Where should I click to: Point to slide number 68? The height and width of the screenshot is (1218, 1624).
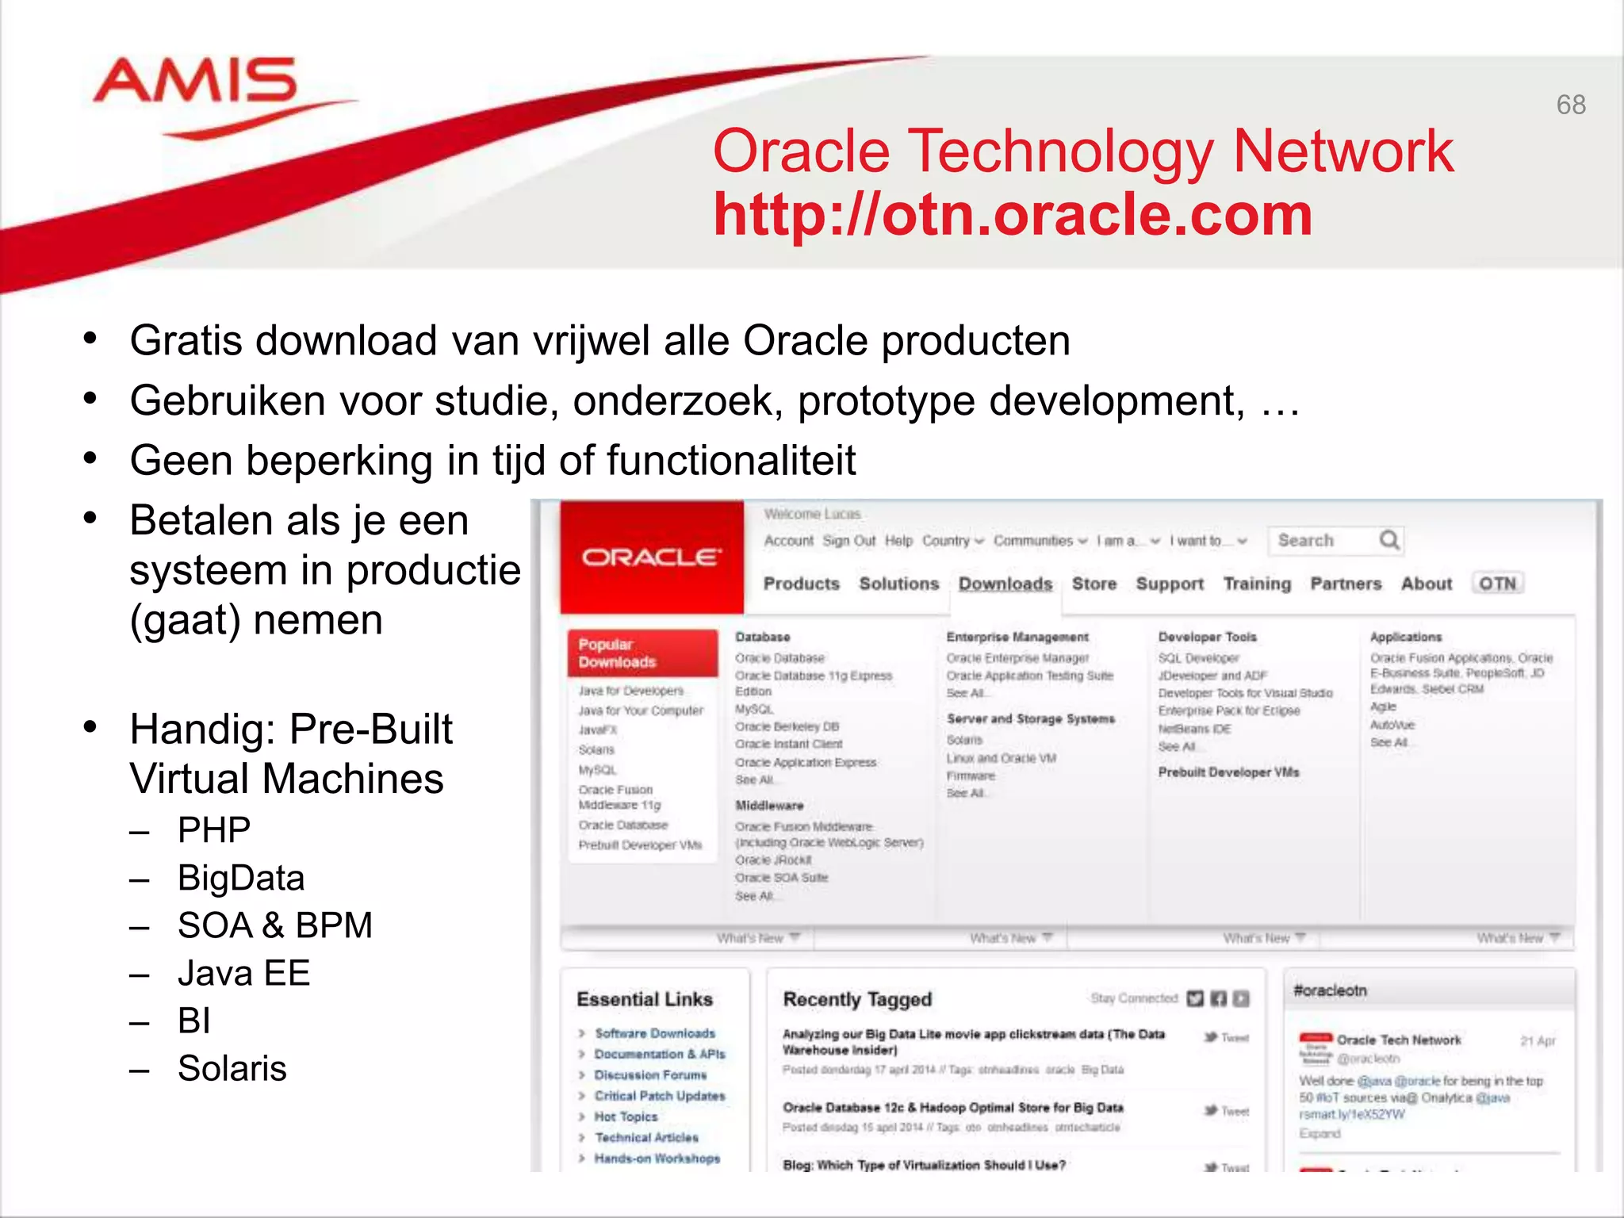pos(1570,105)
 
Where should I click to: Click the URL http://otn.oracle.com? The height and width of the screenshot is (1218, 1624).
pos(1013,215)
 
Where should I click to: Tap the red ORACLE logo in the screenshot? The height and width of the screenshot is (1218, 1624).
pos(651,557)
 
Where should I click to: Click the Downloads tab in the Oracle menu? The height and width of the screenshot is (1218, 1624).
pos(1005,584)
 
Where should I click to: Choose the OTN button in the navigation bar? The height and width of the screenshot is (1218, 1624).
pos(1497,584)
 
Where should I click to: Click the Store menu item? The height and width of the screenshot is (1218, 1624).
pos(1094,584)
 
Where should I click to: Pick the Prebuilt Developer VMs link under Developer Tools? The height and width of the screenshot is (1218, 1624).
pos(1228,772)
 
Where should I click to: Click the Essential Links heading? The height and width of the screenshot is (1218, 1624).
pos(645,999)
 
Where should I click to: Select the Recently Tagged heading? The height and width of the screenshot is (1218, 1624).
pos(857,999)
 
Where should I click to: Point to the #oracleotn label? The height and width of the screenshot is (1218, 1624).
pos(1330,990)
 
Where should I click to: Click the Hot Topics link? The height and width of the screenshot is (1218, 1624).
pos(626,1116)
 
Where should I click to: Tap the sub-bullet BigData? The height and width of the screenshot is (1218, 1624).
pos(241,878)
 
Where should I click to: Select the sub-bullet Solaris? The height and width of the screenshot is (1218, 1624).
pos(232,1068)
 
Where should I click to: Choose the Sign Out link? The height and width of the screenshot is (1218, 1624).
pos(848,541)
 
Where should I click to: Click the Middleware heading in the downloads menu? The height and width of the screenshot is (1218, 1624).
pos(769,806)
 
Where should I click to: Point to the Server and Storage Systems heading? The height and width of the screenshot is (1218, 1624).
pos(1030,719)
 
